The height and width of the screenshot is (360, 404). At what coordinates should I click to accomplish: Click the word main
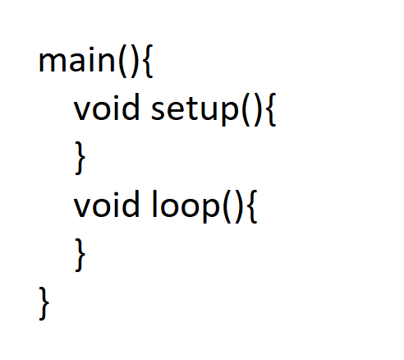pos(77,60)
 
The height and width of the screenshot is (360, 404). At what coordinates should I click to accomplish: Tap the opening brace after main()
pos(148,62)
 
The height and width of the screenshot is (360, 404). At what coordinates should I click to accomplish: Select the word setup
pos(195,110)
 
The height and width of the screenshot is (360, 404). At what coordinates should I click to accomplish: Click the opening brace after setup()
pos(271,110)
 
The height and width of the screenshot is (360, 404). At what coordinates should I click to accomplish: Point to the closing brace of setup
pos(80,158)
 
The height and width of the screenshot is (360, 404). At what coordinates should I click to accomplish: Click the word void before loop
pos(107,204)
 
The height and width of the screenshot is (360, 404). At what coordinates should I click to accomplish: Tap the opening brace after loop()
pos(252,207)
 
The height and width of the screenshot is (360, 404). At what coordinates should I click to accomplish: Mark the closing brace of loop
pos(80,255)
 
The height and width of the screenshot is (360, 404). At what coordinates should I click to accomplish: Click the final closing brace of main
pos(44,303)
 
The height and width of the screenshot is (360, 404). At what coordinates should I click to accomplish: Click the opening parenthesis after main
pos(123,62)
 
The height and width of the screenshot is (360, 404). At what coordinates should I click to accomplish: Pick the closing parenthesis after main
pos(135,62)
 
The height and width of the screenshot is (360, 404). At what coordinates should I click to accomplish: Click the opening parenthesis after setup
pos(246,110)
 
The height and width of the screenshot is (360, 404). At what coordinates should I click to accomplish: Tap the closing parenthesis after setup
pos(258,110)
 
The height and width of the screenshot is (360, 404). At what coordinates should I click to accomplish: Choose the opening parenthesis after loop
pos(227,207)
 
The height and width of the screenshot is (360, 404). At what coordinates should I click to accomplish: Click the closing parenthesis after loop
pos(239,207)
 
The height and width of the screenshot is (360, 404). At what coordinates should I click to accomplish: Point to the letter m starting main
pos(53,62)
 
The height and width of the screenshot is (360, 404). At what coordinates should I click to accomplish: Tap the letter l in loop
pos(154,204)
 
